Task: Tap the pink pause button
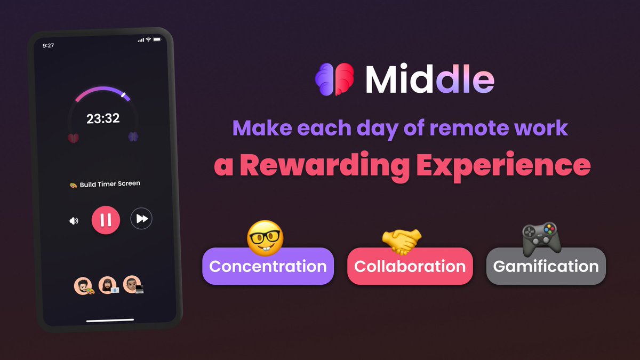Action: (x=106, y=219)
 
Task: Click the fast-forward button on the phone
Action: (x=141, y=219)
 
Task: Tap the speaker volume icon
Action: (x=74, y=220)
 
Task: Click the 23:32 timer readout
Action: (x=103, y=118)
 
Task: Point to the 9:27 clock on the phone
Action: (x=48, y=46)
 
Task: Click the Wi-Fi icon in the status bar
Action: (x=149, y=40)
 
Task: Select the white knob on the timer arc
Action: (x=124, y=95)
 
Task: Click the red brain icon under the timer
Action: (x=73, y=137)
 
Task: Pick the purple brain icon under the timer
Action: (x=133, y=137)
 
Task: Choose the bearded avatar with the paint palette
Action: (x=83, y=285)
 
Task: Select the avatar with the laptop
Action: (x=132, y=285)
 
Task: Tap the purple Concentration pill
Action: (x=268, y=266)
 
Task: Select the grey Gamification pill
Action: (x=546, y=266)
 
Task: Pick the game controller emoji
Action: (x=541, y=238)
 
